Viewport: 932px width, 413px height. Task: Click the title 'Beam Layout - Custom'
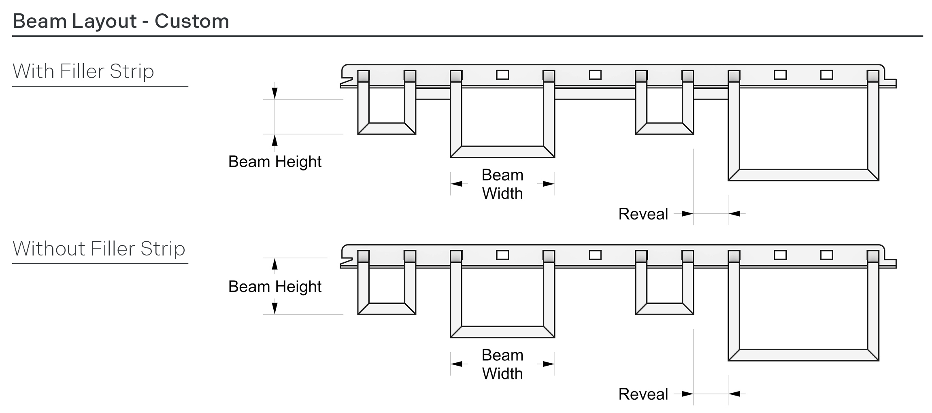(121, 21)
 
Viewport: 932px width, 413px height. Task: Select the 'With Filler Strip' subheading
(83, 71)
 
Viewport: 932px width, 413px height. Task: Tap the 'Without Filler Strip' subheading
(99, 249)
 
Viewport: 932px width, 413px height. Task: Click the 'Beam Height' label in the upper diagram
(275, 162)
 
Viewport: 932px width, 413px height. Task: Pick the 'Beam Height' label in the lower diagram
(275, 287)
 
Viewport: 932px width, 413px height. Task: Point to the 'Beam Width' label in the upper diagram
(502, 184)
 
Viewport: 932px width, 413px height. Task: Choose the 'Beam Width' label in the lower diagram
(502, 364)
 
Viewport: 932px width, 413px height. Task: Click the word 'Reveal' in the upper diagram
(643, 214)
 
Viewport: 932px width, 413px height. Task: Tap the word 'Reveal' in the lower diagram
(643, 394)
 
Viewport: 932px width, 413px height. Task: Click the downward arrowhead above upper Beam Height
(275, 93)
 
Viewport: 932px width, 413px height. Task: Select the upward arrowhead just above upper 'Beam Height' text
(275, 140)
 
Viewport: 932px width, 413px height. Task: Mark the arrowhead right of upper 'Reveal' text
(687, 213)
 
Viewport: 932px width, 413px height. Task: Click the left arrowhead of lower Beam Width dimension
(457, 364)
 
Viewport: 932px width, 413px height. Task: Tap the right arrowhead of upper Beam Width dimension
(549, 184)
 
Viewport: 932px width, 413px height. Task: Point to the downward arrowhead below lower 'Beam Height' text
(275, 308)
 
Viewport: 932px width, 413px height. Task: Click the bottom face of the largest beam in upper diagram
(803, 175)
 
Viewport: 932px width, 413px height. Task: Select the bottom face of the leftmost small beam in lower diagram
(387, 309)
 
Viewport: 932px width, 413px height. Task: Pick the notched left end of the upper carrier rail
(345, 79)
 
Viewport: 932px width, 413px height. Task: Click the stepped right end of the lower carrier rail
(890, 263)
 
